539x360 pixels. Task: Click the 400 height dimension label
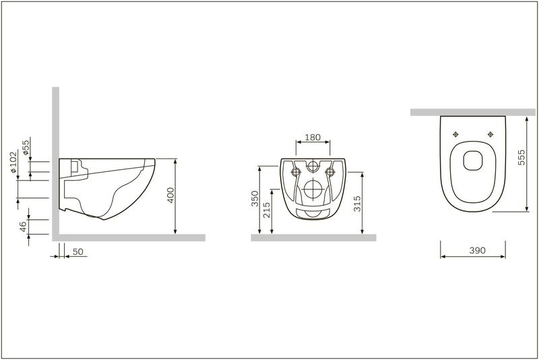coord(171,195)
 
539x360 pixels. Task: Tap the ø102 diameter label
coord(13,162)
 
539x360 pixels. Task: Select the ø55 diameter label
coord(26,148)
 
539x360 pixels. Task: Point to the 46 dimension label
coord(23,227)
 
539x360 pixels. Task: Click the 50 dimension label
coord(78,251)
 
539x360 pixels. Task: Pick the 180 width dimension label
coord(313,138)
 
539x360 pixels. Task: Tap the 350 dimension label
coord(255,199)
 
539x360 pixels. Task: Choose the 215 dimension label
coord(267,210)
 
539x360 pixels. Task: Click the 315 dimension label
coord(357,204)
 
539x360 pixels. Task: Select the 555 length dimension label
coord(521,157)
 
